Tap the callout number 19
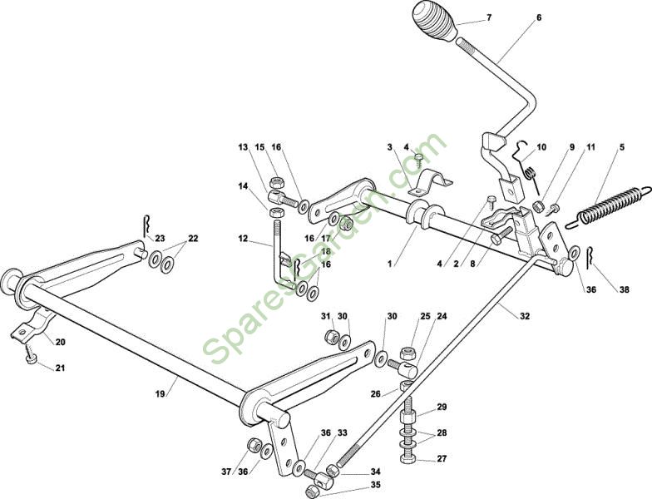click(161, 393)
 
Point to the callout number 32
click(525, 316)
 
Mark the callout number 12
click(243, 239)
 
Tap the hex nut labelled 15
click(276, 181)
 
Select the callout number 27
click(442, 459)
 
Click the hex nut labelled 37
click(253, 444)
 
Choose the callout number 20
click(60, 343)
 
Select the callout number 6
click(539, 17)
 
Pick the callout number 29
click(442, 407)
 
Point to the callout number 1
click(389, 264)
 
